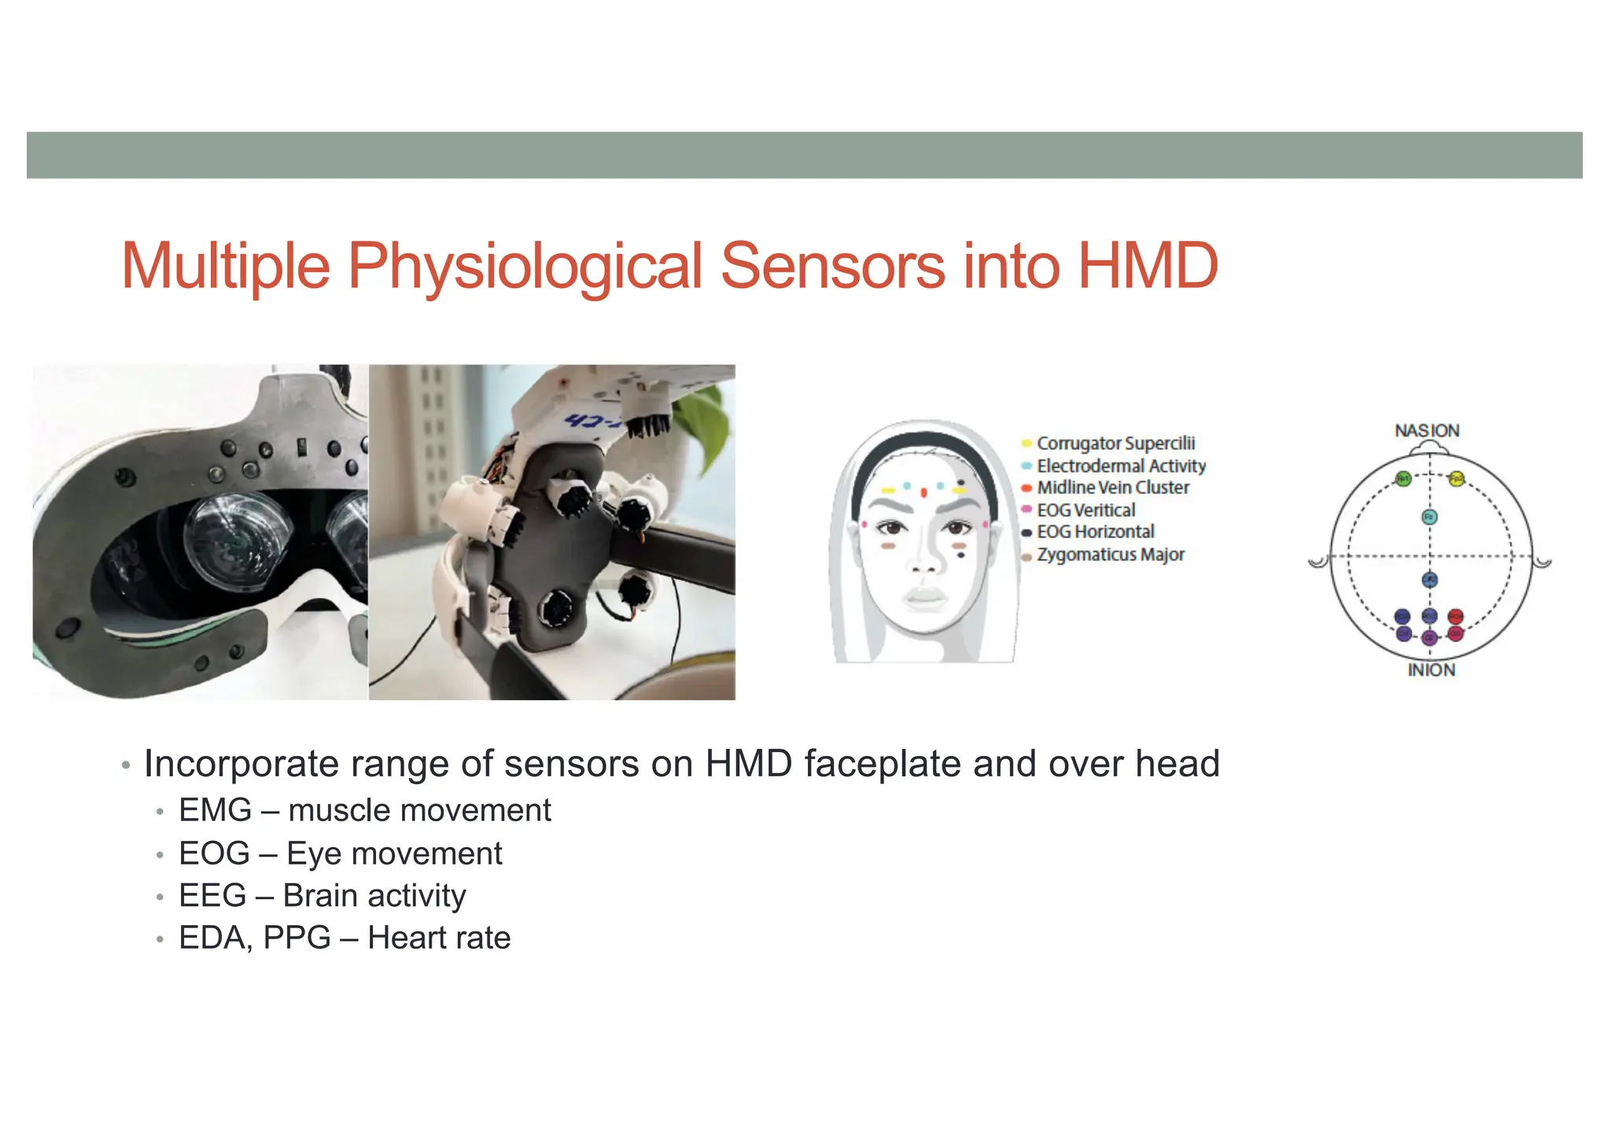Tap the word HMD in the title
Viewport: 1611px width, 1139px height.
1148,266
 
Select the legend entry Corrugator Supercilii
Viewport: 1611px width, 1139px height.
1115,444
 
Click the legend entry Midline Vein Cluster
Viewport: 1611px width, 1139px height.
1112,488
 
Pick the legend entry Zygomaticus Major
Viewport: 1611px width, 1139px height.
1110,555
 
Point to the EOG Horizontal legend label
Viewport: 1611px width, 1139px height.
1095,533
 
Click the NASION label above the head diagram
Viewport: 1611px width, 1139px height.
1427,431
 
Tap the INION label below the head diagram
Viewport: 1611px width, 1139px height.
1431,670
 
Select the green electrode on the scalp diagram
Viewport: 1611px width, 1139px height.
1403,479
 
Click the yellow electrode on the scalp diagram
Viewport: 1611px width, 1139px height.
1456,479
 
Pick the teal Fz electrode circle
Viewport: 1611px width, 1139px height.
1429,517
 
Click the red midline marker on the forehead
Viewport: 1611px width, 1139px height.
923,493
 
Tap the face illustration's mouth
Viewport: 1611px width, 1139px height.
925,597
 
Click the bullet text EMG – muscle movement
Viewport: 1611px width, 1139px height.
364,810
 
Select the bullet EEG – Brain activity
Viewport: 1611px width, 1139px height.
322,896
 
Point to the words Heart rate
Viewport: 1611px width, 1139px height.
439,938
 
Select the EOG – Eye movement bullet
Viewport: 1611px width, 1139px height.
340,853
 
